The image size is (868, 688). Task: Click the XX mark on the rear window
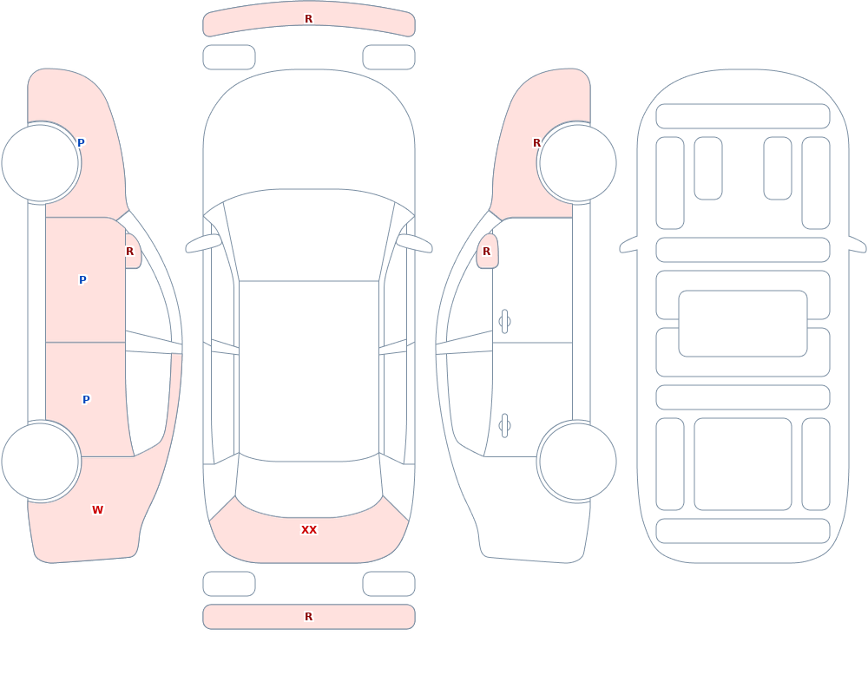(309, 530)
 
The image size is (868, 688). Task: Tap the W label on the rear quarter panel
(97, 510)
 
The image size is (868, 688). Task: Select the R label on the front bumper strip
(309, 19)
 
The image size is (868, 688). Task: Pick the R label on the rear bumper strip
(309, 617)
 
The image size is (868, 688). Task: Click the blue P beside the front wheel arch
(81, 143)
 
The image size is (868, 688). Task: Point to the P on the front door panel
(82, 280)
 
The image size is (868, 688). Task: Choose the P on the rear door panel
(86, 400)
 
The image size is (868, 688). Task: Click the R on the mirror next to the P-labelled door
(129, 252)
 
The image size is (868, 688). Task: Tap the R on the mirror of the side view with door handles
(487, 252)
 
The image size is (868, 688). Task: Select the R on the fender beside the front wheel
(536, 143)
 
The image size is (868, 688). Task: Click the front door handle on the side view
(504, 322)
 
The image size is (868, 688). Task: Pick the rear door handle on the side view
(504, 426)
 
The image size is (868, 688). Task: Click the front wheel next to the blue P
(41, 163)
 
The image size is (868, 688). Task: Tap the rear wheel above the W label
(41, 461)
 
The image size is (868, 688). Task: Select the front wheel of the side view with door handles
(577, 163)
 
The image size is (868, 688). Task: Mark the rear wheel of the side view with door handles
(577, 461)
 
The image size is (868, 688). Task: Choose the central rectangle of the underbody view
(743, 324)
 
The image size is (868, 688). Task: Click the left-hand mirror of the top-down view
(203, 244)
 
